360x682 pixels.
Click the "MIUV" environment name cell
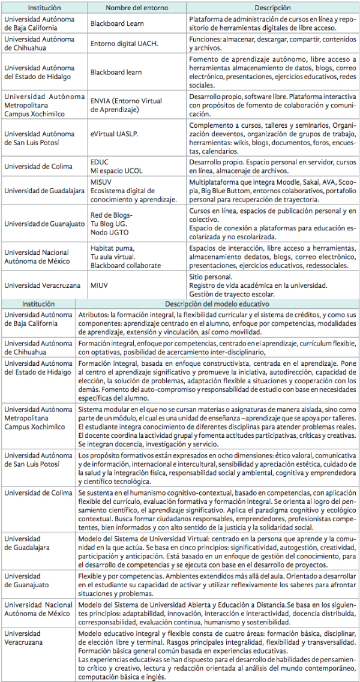point(100,286)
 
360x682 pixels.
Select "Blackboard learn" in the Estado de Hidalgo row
point(116,72)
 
